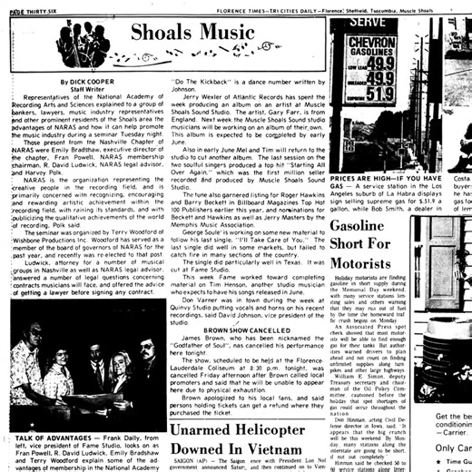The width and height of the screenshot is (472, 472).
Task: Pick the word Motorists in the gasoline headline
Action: pyautogui.click(x=363, y=262)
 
